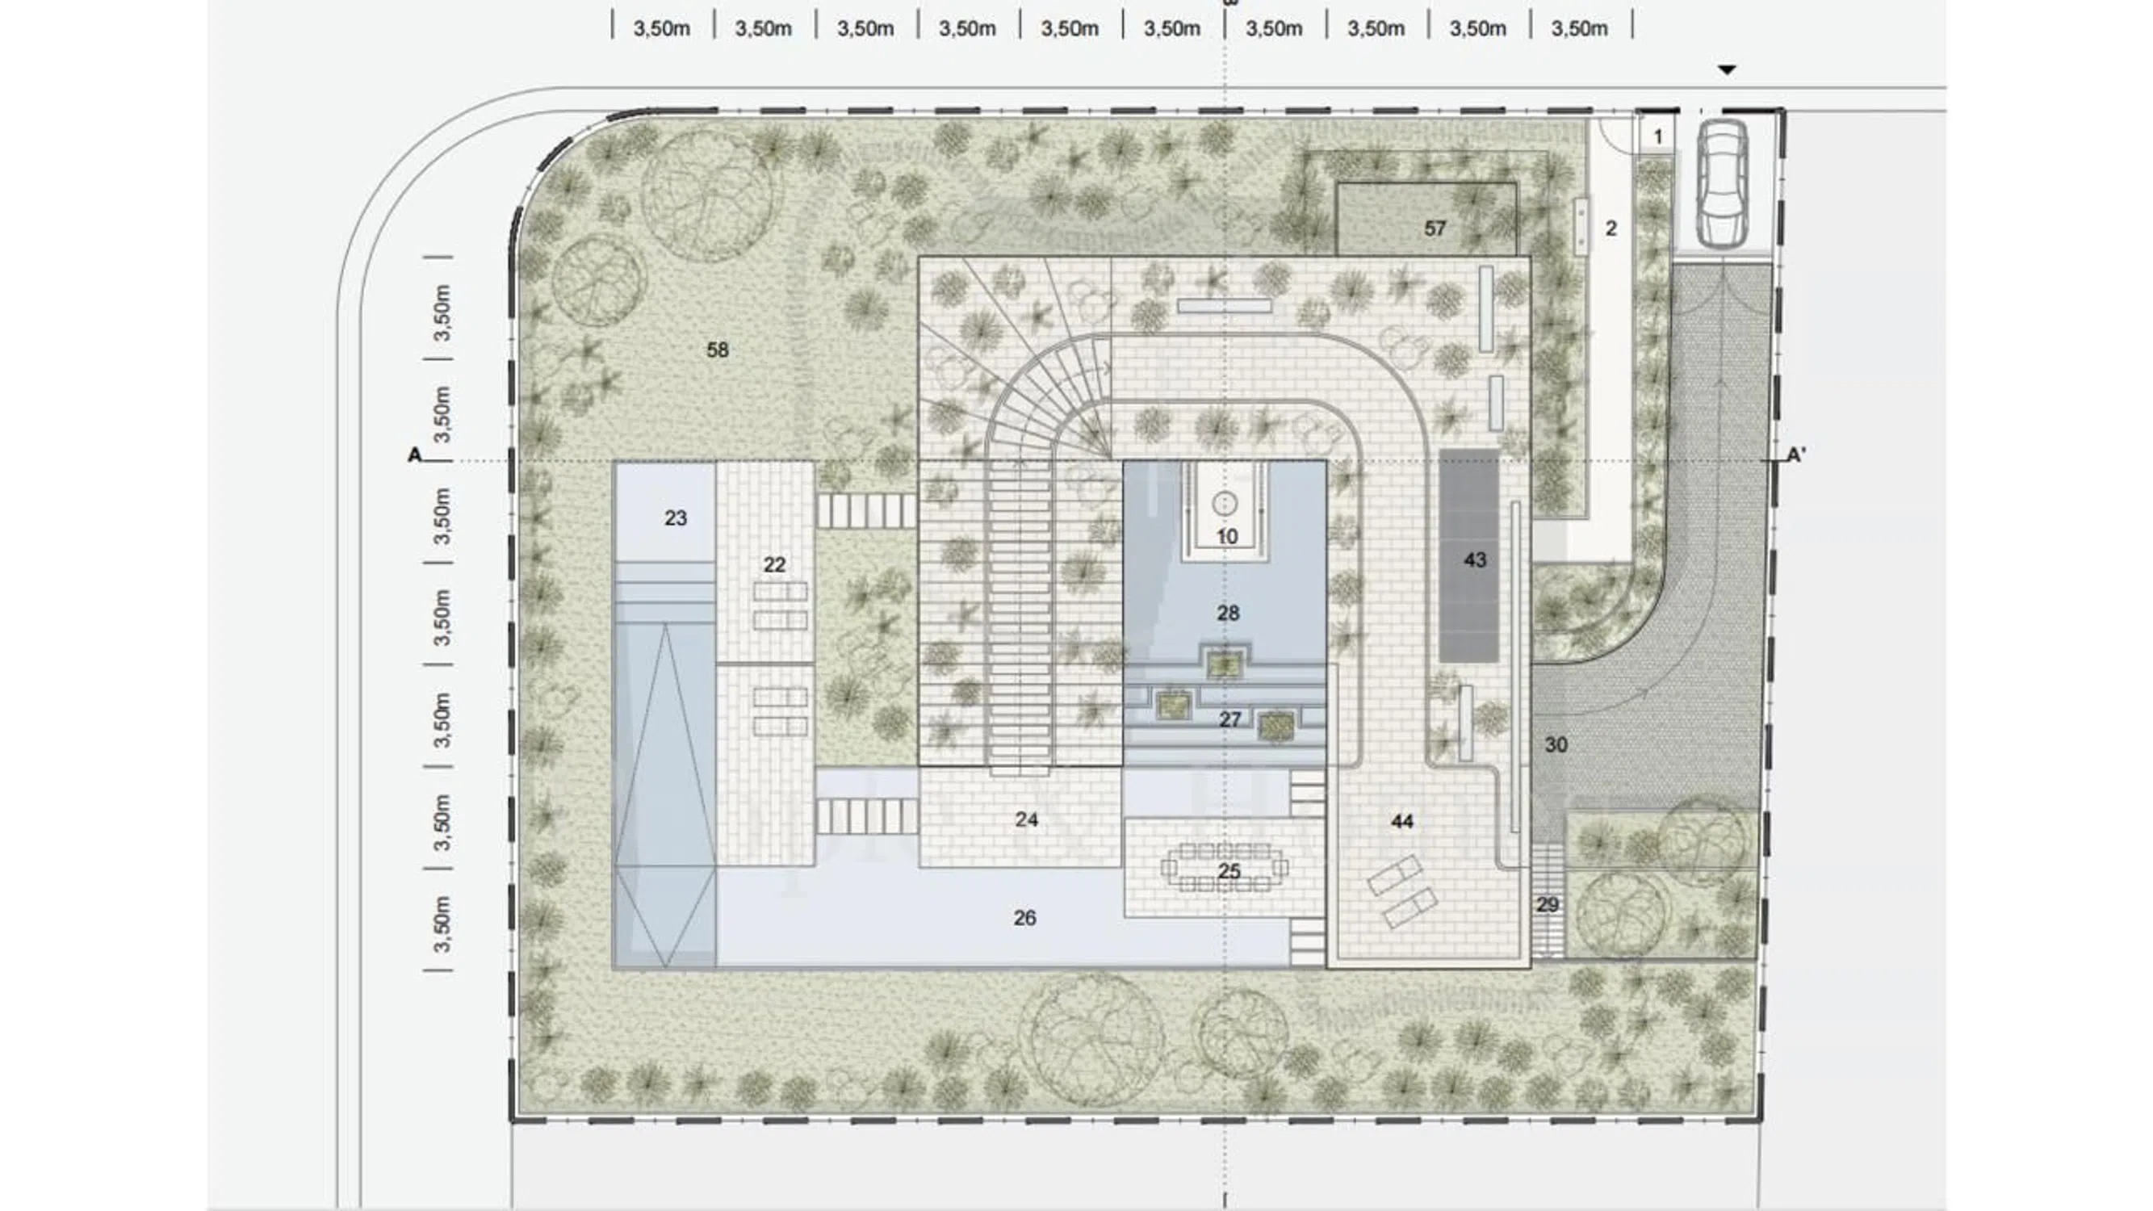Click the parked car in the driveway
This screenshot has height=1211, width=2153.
[1722, 184]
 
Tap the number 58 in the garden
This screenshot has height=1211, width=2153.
[717, 350]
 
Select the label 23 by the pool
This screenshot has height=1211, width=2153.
[676, 518]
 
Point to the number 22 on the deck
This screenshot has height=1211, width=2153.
[774, 565]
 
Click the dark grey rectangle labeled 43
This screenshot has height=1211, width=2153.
[1469, 555]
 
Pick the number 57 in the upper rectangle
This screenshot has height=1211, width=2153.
[1435, 228]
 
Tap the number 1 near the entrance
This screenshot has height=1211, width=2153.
[1658, 136]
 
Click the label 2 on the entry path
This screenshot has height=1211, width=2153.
[1611, 228]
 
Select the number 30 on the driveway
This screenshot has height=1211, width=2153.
[1556, 744]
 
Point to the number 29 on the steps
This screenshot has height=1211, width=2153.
[1547, 904]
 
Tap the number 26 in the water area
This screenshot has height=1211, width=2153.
[1024, 919]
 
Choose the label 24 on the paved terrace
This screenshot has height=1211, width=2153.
[1026, 820]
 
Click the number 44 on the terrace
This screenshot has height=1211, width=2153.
[1401, 822]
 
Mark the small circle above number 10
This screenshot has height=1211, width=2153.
[1225, 504]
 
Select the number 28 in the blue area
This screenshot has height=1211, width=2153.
[1228, 614]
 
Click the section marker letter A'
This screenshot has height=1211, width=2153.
[1796, 455]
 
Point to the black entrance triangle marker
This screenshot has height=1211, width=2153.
[1727, 70]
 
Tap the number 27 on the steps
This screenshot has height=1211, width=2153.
[1229, 719]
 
